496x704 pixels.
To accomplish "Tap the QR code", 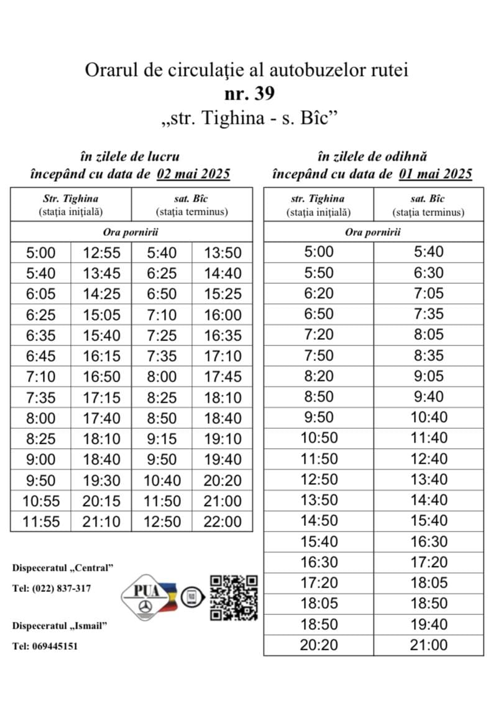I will tap(234, 597).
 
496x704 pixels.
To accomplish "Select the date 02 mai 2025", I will tap(193, 173).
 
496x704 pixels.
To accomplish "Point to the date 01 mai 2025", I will tap(435, 173).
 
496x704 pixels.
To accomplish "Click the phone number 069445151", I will tap(55, 647).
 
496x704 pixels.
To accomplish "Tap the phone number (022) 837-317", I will tap(61, 588).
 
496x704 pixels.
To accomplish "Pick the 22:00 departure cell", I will tap(223, 522).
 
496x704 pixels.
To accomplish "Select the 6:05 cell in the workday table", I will tap(40, 294).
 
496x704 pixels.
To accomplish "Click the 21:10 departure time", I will tap(101, 522).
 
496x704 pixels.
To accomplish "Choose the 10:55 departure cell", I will tap(40, 501).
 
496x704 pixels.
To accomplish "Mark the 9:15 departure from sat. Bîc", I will tap(162, 439).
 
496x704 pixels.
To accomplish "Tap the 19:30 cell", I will tap(101, 481).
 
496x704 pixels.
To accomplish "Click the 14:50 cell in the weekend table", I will tap(319, 520).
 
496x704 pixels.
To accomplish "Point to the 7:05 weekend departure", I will tap(428, 293).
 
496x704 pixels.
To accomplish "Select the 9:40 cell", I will tap(428, 397).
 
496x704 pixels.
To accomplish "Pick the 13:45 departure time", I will tap(101, 273).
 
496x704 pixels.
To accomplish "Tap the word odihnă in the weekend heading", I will tap(405, 157).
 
